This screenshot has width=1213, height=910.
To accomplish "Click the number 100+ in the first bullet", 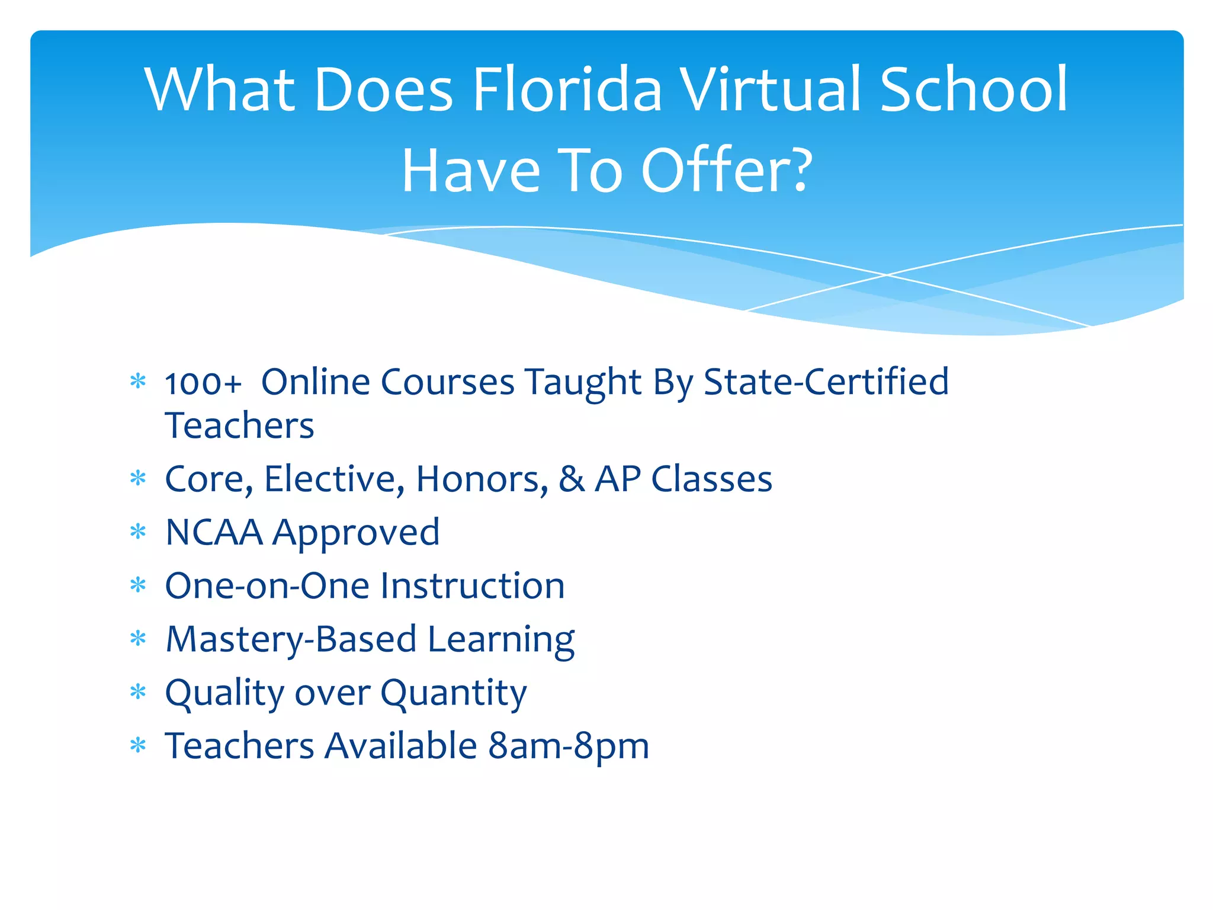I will [203, 383].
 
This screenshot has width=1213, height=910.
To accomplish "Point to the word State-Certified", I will [826, 382].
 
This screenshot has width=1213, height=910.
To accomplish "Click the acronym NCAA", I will [214, 532].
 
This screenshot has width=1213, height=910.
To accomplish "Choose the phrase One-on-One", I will [268, 586].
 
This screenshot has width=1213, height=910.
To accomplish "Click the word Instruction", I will [472, 586].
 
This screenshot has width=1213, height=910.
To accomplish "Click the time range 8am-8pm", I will [569, 746].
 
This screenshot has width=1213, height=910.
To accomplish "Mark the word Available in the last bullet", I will [400, 746].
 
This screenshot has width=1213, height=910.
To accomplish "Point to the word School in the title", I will [974, 90].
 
